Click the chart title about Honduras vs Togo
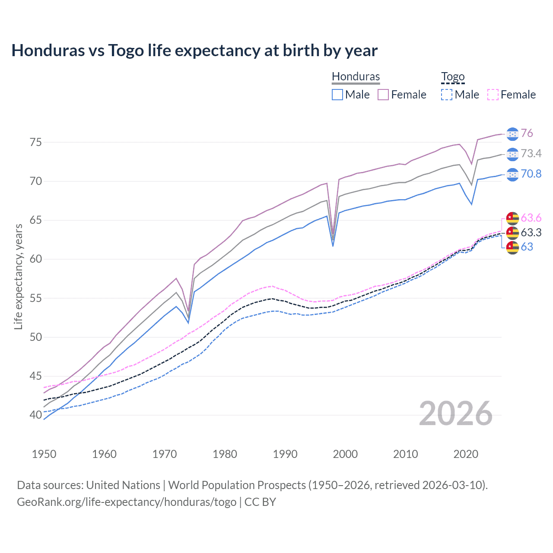(194, 51)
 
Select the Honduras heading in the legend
(356, 76)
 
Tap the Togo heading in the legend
(452, 76)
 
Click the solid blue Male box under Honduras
(337, 95)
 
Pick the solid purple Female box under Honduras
(383, 95)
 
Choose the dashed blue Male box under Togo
(447, 95)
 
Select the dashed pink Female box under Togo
(493, 95)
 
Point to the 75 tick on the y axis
(36, 142)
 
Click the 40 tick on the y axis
(36, 415)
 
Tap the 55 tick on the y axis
(36, 298)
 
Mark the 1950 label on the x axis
(44, 454)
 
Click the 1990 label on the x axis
(285, 454)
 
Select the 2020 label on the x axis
(466, 454)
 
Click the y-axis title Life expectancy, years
(18, 276)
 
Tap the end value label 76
(527, 133)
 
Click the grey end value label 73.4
(531, 153)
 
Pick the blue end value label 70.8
(531, 174)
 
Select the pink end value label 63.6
(531, 218)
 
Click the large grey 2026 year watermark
(456, 413)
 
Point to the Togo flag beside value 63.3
(512, 232)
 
